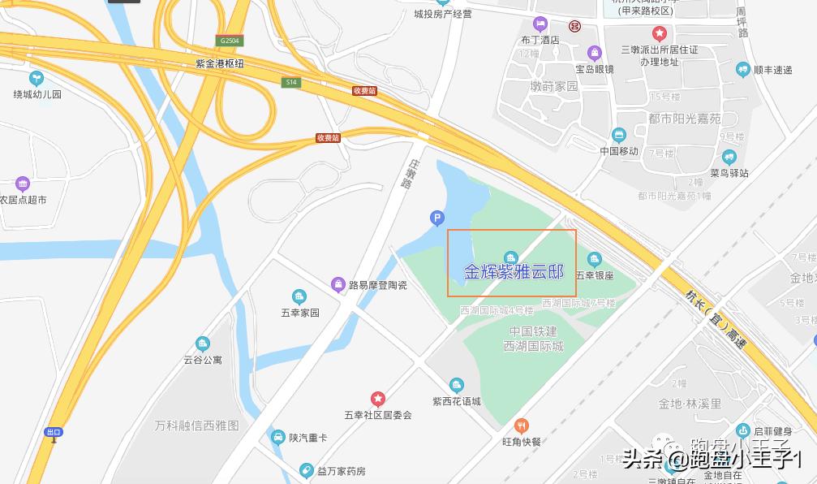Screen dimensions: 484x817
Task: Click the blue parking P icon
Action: click(x=436, y=218)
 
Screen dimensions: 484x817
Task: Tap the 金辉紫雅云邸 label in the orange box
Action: click(x=513, y=272)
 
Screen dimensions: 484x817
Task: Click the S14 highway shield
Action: click(x=291, y=82)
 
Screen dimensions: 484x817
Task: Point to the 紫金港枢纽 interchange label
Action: click(x=219, y=63)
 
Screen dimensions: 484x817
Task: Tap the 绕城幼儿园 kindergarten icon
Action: click(x=36, y=78)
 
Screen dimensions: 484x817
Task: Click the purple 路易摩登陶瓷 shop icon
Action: click(x=338, y=284)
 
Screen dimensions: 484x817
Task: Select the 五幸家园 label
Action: click(x=300, y=313)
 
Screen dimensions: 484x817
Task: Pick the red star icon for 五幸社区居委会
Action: click(x=378, y=399)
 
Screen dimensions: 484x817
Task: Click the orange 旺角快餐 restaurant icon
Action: click(x=521, y=425)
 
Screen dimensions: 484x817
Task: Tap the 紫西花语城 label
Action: click(x=457, y=401)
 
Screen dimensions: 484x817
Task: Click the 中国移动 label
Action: click(x=619, y=151)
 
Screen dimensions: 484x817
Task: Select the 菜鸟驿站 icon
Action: click(x=729, y=157)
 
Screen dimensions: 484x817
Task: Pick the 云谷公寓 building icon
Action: click(x=202, y=344)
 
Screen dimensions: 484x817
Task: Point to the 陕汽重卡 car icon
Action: click(x=277, y=438)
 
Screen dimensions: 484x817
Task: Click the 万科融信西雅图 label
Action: click(x=197, y=425)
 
